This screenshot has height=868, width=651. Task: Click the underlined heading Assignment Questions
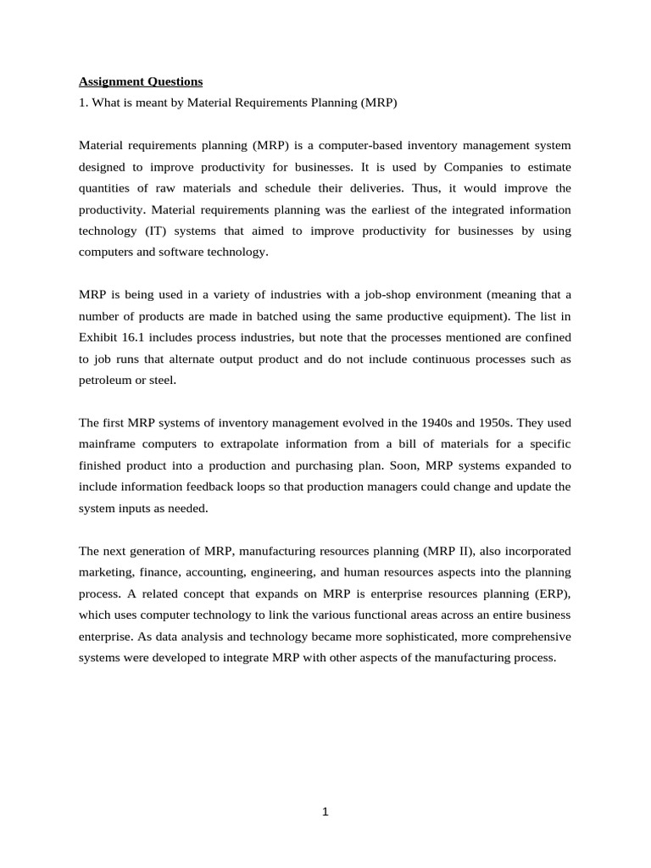point(141,82)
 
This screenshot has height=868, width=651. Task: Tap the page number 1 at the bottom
point(325,812)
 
